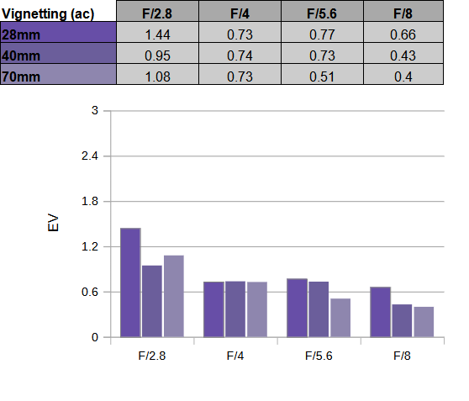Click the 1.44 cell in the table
point(157,32)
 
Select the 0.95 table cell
point(157,53)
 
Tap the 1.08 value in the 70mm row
point(157,74)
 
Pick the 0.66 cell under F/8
point(403,32)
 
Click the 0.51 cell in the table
point(322,74)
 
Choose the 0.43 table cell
point(403,53)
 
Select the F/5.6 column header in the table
point(322,11)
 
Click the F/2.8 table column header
point(157,11)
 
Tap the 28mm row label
point(58,32)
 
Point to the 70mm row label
point(58,74)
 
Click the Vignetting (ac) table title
point(48,13)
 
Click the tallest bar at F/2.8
point(130,282)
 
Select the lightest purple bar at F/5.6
point(340,318)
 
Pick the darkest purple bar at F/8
point(380,312)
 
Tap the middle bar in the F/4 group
point(235,309)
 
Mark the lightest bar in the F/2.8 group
point(174,296)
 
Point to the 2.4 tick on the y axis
point(90,156)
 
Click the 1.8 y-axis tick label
point(90,201)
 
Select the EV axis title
point(53,222)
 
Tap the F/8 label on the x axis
point(402,356)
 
